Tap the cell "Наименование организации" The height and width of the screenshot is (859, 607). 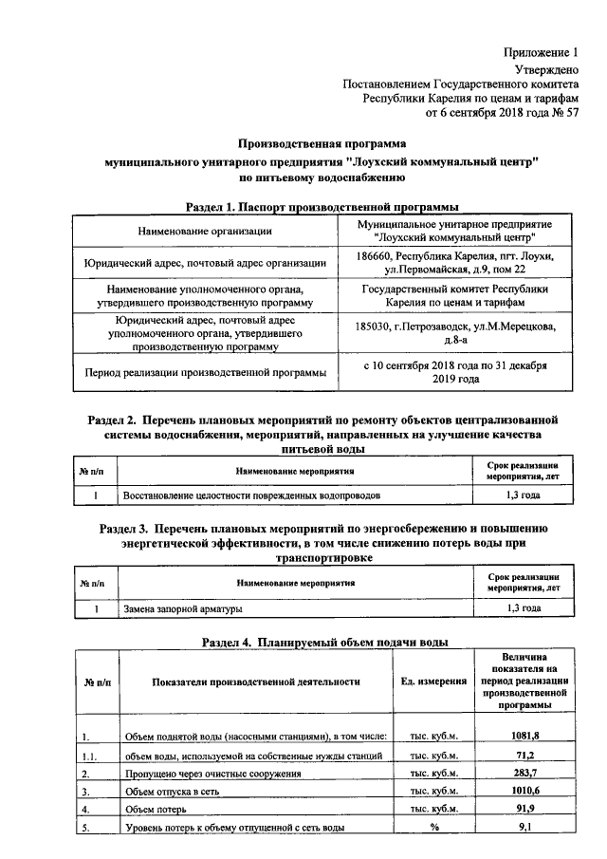click(x=205, y=231)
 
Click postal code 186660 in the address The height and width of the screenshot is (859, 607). click(x=377, y=256)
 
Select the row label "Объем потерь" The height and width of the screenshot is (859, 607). click(x=156, y=810)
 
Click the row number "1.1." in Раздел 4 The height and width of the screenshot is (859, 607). click(x=89, y=756)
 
